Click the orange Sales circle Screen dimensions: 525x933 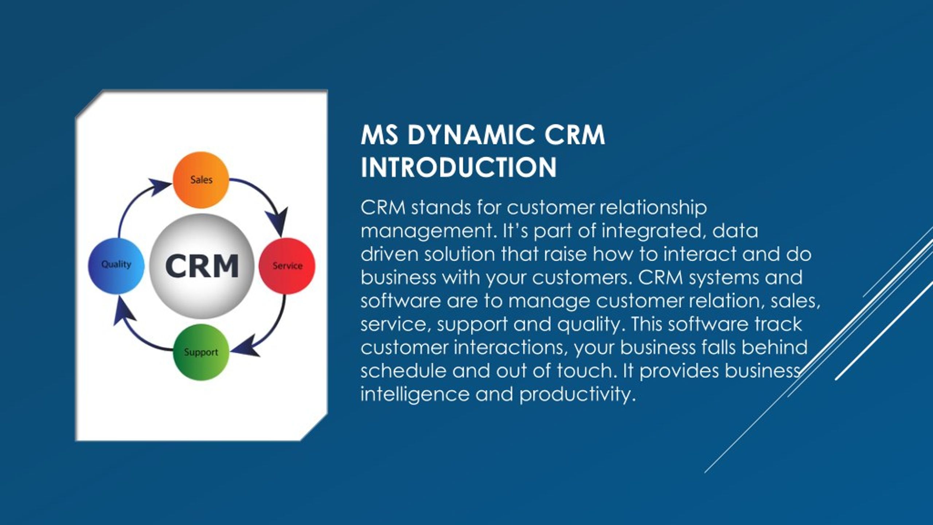[x=201, y=185]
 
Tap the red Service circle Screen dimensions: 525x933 [x=287, y=266]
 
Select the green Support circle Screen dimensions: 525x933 [x=201, y=352]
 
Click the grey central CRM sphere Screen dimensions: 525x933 [x=202, y=266]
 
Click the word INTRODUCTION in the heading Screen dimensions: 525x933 [x=458, y=168]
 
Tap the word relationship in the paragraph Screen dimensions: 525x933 [x=653, y=208]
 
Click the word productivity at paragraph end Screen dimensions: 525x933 [x=577, y=394]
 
